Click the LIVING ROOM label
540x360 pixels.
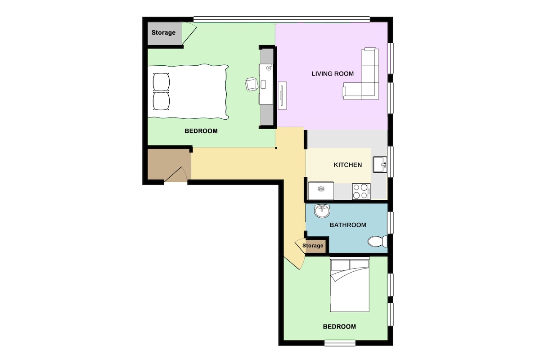pos(333,74)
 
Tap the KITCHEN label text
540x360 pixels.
pos(347,165)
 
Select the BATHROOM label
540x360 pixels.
pos(347,225)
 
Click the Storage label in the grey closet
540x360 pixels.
pos(163,32)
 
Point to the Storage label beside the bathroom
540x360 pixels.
pos(313,246)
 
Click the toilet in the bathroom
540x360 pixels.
pos(377,241)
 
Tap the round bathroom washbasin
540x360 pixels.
pos(322,211)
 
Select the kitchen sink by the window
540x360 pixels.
pos(380,164)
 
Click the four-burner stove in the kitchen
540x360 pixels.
pos(361,191)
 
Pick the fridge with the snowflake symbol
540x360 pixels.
pos(321,191)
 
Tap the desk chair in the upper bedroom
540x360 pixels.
pos(251,84)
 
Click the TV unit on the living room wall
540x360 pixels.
pos(282,95)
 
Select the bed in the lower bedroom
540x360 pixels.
pos(350,284)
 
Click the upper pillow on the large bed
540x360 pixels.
pos(161,82)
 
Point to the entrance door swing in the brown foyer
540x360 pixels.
pos(175,174)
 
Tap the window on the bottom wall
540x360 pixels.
pos(340,342)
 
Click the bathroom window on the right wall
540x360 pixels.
pos(390,223)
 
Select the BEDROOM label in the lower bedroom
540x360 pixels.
pos(339,327)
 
